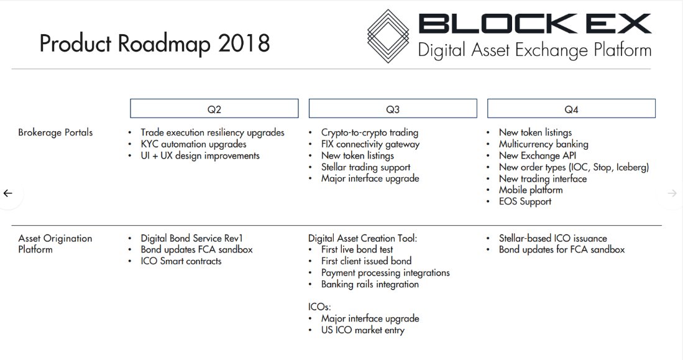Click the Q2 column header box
pyautogui.click(x=214, y=109)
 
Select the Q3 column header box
pyautogui.click(x=393, y=109)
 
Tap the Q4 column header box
pyautogui.click(x=571, y=109)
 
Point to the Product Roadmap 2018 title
pyautogui.click(x=155, y=44)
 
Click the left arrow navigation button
pyautogui.click(x=8, y=193)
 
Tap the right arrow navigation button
pyautogui.click(x=672, y=193)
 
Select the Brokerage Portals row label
pyautogui.click(x=55, y=132)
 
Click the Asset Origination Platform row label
pyautogui.click(x=55, y=244)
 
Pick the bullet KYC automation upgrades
pyautogui.click(x=193, y=144)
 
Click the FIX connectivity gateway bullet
pyautogui.click(x=370, y=144)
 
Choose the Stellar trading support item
pyautogui.click(x=365, y=167)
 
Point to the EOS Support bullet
pyautogui.click(x=525, y=201)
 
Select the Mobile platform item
pyautogui.click(x=531, y=190)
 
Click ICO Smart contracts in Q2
pyautogui.click(x=181, y=261)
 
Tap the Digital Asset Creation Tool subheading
pyautogui.click(x=362, y=238)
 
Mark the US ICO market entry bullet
pyautogui.click(x=362, y=330)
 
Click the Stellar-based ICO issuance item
pyautogui.click(x=552, y=238)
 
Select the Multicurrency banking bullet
pyautogui.click(x=543, y=144)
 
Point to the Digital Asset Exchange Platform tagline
pyautogui.click(x=534, y=50)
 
